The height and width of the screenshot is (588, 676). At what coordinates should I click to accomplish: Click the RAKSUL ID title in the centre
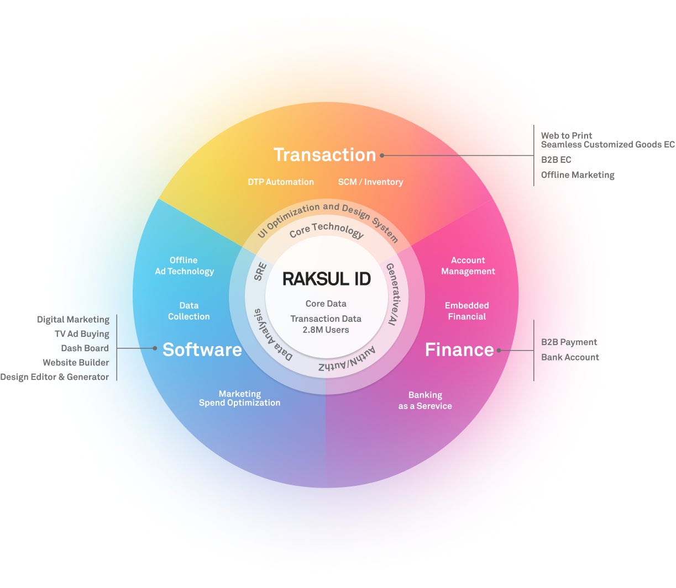(326, 279)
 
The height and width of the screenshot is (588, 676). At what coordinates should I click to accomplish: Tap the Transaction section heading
(324, 155)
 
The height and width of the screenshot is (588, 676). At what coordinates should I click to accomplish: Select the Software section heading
(202, 349)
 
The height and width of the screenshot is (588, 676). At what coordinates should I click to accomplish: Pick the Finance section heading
(459, 349)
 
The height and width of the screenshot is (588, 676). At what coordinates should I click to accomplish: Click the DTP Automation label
(281, 182)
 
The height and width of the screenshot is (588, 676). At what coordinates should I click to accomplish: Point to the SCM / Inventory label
(370, 182)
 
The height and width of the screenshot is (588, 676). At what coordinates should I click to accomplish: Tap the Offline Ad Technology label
(184, 266)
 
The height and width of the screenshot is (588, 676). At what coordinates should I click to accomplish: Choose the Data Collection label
(189, 311)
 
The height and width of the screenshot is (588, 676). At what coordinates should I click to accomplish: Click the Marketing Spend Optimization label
(239, 398)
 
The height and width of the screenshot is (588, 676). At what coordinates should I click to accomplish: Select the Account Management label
(468, 266)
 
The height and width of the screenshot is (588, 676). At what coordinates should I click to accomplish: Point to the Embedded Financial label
(467, 311)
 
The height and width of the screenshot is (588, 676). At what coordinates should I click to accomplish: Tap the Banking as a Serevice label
(425, 400)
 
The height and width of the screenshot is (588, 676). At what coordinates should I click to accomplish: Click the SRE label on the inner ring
(260, 272)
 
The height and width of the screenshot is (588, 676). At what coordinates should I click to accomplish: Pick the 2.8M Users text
(326, 330)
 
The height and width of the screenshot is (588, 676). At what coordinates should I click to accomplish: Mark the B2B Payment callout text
(569, 342)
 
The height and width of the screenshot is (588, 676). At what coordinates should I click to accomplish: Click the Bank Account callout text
(570, 357)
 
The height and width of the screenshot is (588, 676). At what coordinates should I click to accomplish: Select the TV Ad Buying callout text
(82, 333)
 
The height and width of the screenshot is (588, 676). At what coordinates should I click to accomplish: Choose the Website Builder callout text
(76, 362)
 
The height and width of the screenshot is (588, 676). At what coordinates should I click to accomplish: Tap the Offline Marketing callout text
(578, 174)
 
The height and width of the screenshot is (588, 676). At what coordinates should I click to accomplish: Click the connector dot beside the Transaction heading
(382, 156)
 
